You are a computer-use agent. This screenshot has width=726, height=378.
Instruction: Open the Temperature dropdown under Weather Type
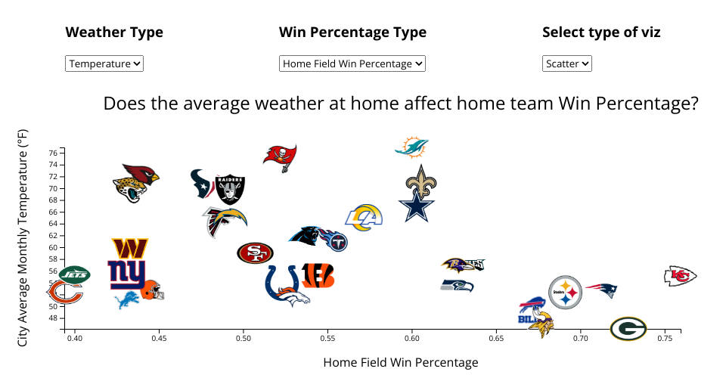click(x=104, y=64)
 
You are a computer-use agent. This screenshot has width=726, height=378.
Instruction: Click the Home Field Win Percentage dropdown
click(x=352, y=64)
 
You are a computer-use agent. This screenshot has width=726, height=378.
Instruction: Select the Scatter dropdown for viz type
click(x=567, y=64)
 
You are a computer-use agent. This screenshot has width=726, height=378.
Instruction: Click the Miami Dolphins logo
click(x=412, y=147)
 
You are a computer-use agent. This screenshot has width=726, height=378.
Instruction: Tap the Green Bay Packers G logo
click(x=628, y=329)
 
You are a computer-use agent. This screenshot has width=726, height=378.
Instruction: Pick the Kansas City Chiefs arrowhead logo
click(x=680, y=276)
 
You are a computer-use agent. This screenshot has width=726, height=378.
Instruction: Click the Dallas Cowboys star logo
click(x=417, y=206)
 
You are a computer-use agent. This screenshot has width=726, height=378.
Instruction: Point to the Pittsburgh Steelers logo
click(x=565, y=292)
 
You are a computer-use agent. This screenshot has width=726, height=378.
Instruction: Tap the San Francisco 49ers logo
click(x=256, y=253)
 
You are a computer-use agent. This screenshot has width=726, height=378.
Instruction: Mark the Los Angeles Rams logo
click(x=365, y=217)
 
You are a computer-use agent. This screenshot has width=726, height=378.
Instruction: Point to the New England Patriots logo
click(x=603, y=290)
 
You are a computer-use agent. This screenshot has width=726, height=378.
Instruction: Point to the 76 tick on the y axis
click(x=53, y=153)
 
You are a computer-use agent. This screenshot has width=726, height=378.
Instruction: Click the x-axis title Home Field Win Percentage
click(x=401, y=363)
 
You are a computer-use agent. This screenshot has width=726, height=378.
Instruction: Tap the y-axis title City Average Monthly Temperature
click(x=23, y=237)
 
